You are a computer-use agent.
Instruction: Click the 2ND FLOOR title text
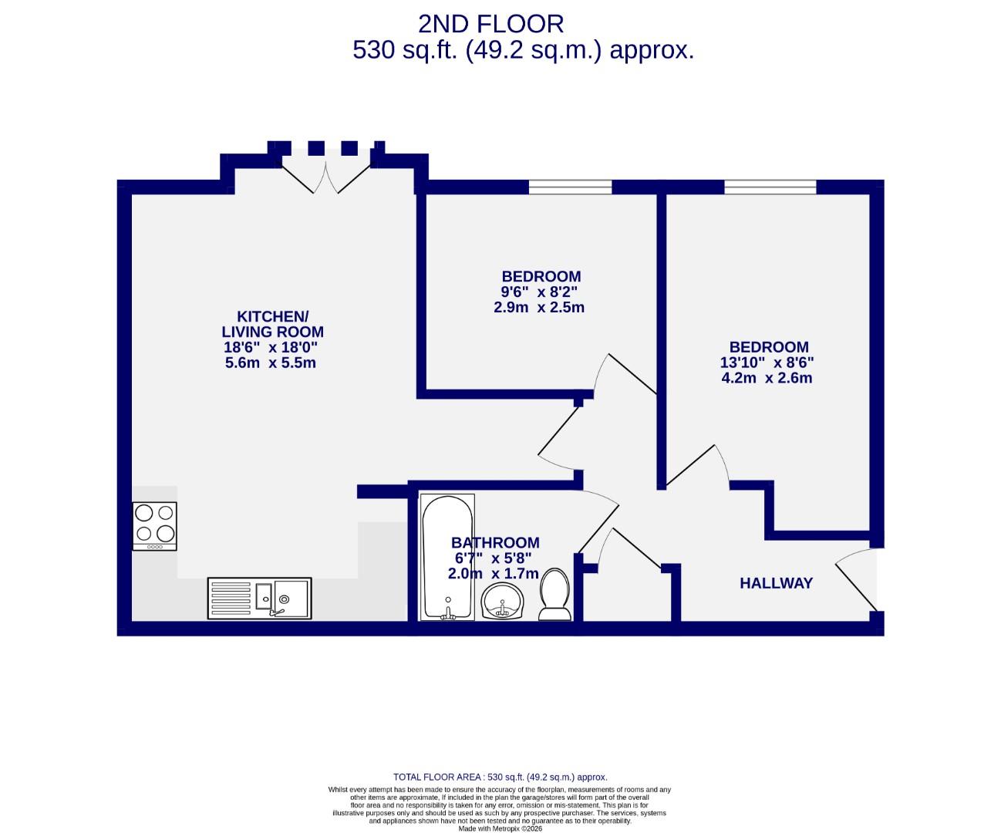(x=490, y=24)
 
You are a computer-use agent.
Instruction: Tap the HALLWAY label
(x=776, y=583)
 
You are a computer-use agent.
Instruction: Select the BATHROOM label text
(x=495, y=543)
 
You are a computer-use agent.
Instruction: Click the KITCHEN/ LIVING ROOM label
(x=271, y=324)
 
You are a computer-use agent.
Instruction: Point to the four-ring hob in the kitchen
(x=154, y=525)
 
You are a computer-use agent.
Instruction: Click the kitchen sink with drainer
(x=259, y=598)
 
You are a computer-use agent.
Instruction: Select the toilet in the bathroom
(x=554, y=595)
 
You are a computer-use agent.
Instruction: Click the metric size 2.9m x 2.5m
(x=538, y=307)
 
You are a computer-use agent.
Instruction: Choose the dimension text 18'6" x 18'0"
(x=270, y=347)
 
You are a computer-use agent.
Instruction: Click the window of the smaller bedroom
(x=570, y=187)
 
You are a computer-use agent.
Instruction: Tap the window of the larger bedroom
(x=770, y=187)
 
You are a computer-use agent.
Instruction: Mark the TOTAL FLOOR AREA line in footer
(x=500, y=777)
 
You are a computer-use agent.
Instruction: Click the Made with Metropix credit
(x=500, y=828)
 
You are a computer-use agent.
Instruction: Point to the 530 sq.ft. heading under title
(x=523, y=50)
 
